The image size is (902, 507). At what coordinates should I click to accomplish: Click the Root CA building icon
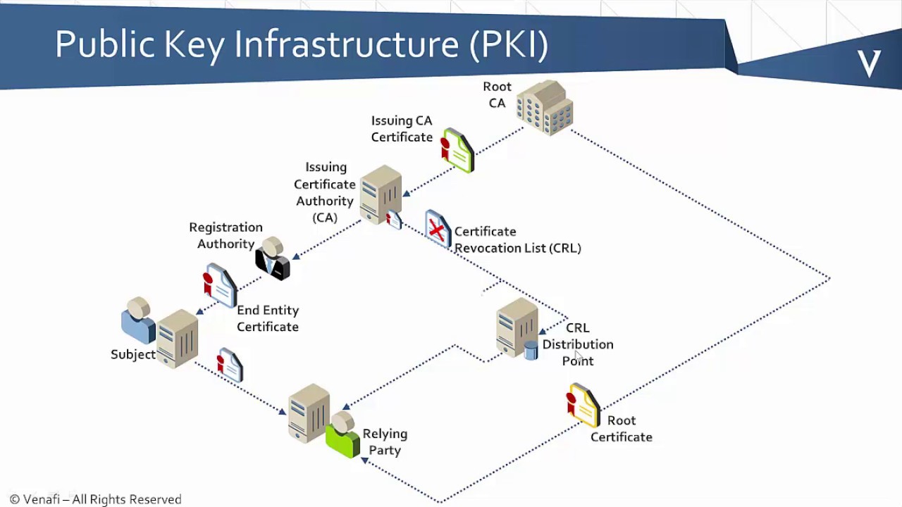point(544,108)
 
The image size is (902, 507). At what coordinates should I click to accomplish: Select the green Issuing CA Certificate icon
point(457,150)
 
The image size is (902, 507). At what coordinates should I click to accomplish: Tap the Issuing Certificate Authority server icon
point(380,193)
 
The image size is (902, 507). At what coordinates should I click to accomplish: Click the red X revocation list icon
point(438,229)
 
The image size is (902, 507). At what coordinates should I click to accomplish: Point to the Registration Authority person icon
point(272,258)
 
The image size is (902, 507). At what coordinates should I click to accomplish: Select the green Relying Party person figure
point(343,435)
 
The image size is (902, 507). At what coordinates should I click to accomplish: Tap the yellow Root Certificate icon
point(583,405)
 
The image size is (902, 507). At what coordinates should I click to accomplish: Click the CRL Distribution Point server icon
point(516,326)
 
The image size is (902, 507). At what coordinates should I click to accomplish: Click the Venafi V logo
point(869,63)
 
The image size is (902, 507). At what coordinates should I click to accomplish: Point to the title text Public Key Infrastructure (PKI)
point(302,44)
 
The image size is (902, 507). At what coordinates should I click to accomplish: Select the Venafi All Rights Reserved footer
point(96,499)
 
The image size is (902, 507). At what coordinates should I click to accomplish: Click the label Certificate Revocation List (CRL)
point(517,239)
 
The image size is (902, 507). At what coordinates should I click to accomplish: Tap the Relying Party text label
point(385,442)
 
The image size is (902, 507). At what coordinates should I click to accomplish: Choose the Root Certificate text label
point(621,428)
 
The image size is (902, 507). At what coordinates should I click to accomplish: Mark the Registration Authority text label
point(225,235)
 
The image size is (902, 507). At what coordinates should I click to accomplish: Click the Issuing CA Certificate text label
point(402,129)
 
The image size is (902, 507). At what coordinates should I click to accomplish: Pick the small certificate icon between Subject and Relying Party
point(230,365)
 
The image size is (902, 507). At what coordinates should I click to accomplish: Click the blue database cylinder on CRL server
point(531,350)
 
